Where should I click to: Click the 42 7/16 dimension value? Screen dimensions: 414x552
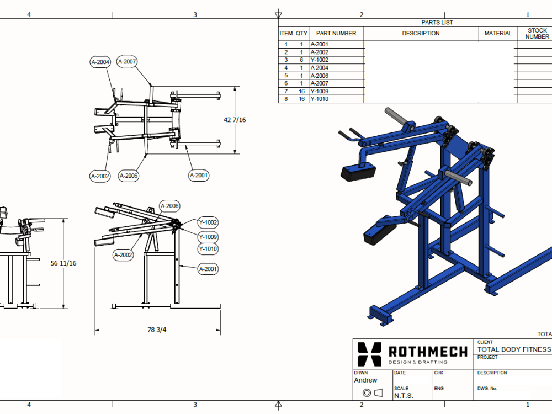coord(235,120)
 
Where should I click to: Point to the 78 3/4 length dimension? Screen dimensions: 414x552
coord(157,330)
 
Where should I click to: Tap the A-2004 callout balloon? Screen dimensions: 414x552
coord(100,62)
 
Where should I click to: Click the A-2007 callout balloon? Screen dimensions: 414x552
coord(127,62)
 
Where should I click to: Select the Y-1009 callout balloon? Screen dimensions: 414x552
coord(208,237)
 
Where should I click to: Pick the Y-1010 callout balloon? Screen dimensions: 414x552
coord(208,249)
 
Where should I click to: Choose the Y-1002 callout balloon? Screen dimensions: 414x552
coord(208,222)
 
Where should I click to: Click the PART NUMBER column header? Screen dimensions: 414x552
coord(336,33)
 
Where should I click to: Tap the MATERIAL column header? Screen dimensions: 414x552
coord(498,33)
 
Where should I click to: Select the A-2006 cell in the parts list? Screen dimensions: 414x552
coord(320,76)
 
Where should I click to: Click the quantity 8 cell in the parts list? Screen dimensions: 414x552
coord(301,60)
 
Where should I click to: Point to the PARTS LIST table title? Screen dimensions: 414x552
coord(437,23)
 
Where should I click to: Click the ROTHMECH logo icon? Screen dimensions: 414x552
coord(369,354)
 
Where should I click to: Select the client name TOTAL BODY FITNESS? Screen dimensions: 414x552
coord(514,349)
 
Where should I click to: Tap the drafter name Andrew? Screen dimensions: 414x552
coord(365,380)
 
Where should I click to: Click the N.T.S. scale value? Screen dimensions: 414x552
coord(404,396)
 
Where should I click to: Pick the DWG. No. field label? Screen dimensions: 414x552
coord(487,389)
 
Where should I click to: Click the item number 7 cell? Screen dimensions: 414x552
coord(286,91)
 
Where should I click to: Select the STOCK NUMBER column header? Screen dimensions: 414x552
coord(537,34)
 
